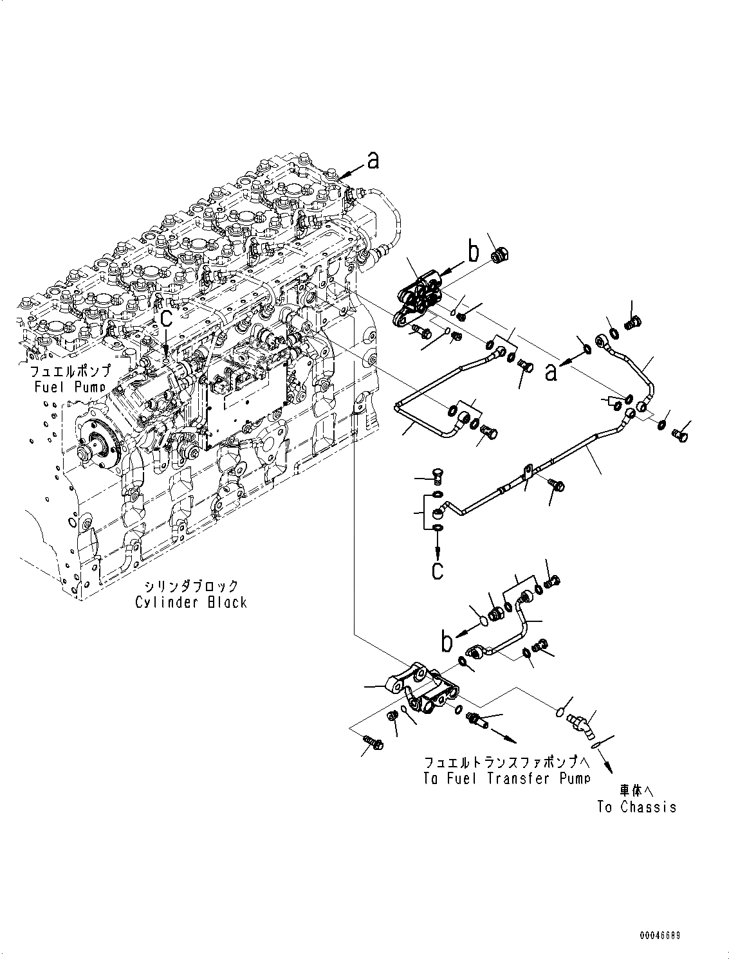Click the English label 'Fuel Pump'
(71, 387)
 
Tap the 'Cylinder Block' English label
(191, 602)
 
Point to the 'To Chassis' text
(636, 807)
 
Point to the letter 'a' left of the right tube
(551, 372)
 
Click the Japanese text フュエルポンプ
(71, 372)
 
